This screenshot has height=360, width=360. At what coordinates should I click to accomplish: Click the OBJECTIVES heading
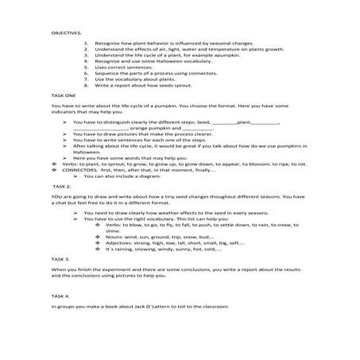[x=67, y=34]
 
